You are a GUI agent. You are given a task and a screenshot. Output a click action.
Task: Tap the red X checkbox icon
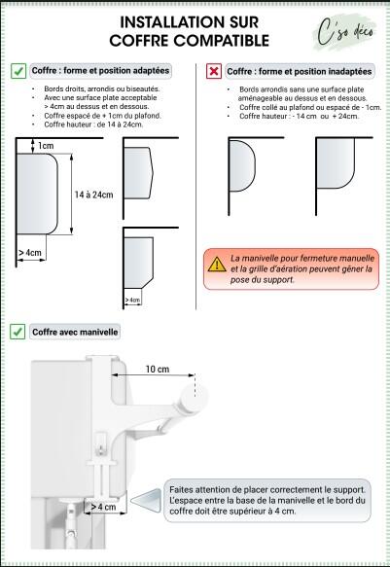pos(214,71)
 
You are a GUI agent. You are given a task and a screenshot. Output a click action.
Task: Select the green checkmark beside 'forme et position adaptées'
pos(18,71)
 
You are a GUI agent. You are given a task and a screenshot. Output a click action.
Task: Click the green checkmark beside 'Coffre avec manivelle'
pos(18,332)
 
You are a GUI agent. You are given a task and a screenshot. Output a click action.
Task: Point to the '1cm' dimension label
pos(46,146)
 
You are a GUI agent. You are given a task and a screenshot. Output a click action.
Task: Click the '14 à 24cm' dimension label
pos(93,195)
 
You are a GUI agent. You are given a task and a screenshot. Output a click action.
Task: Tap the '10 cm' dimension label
pos(158,370)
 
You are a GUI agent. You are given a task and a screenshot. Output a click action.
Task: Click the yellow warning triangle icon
pos(216,263)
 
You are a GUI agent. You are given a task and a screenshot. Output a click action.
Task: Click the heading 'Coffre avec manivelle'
pos(75,332)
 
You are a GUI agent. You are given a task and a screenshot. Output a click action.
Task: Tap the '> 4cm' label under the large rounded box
pos(30,253)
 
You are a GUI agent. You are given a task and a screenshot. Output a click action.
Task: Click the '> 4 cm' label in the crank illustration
pos(103,507)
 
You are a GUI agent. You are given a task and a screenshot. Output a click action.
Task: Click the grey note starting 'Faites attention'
pos(267,500)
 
